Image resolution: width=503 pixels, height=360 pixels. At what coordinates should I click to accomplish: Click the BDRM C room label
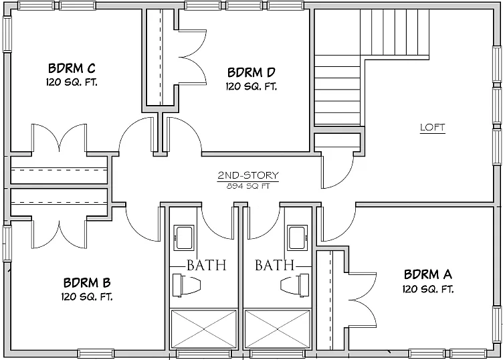72,68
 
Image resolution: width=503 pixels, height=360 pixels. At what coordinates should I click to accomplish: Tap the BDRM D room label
252,72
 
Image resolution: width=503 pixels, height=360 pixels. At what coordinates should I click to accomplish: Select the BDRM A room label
428,274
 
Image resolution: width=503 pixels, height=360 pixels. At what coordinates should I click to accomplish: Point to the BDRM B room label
87,283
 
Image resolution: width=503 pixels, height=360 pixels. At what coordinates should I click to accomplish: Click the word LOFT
433,127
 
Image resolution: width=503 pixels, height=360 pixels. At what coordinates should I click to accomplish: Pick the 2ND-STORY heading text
248,175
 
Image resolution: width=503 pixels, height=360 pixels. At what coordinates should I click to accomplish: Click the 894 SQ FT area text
248,186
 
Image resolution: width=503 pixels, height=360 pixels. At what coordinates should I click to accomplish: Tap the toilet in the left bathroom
187,285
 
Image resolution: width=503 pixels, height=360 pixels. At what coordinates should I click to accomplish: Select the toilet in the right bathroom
295,285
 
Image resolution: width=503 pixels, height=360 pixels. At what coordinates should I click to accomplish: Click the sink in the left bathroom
184,238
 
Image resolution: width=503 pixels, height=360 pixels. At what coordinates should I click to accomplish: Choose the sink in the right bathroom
298,238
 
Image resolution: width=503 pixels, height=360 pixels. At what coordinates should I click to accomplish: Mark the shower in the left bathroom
204,329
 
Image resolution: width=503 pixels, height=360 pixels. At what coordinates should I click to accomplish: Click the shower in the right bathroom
278,329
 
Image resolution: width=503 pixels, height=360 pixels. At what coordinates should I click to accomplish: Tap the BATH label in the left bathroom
207,266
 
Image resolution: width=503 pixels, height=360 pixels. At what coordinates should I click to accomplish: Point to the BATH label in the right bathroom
275,265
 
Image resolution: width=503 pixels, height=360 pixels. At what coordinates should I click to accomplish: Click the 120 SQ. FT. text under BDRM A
428,290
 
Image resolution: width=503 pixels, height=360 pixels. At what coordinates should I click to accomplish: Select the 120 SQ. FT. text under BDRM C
72,82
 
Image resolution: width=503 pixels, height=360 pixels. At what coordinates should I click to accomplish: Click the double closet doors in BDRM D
192,58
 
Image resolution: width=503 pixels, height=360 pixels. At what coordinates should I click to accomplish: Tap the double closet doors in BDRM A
363,300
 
